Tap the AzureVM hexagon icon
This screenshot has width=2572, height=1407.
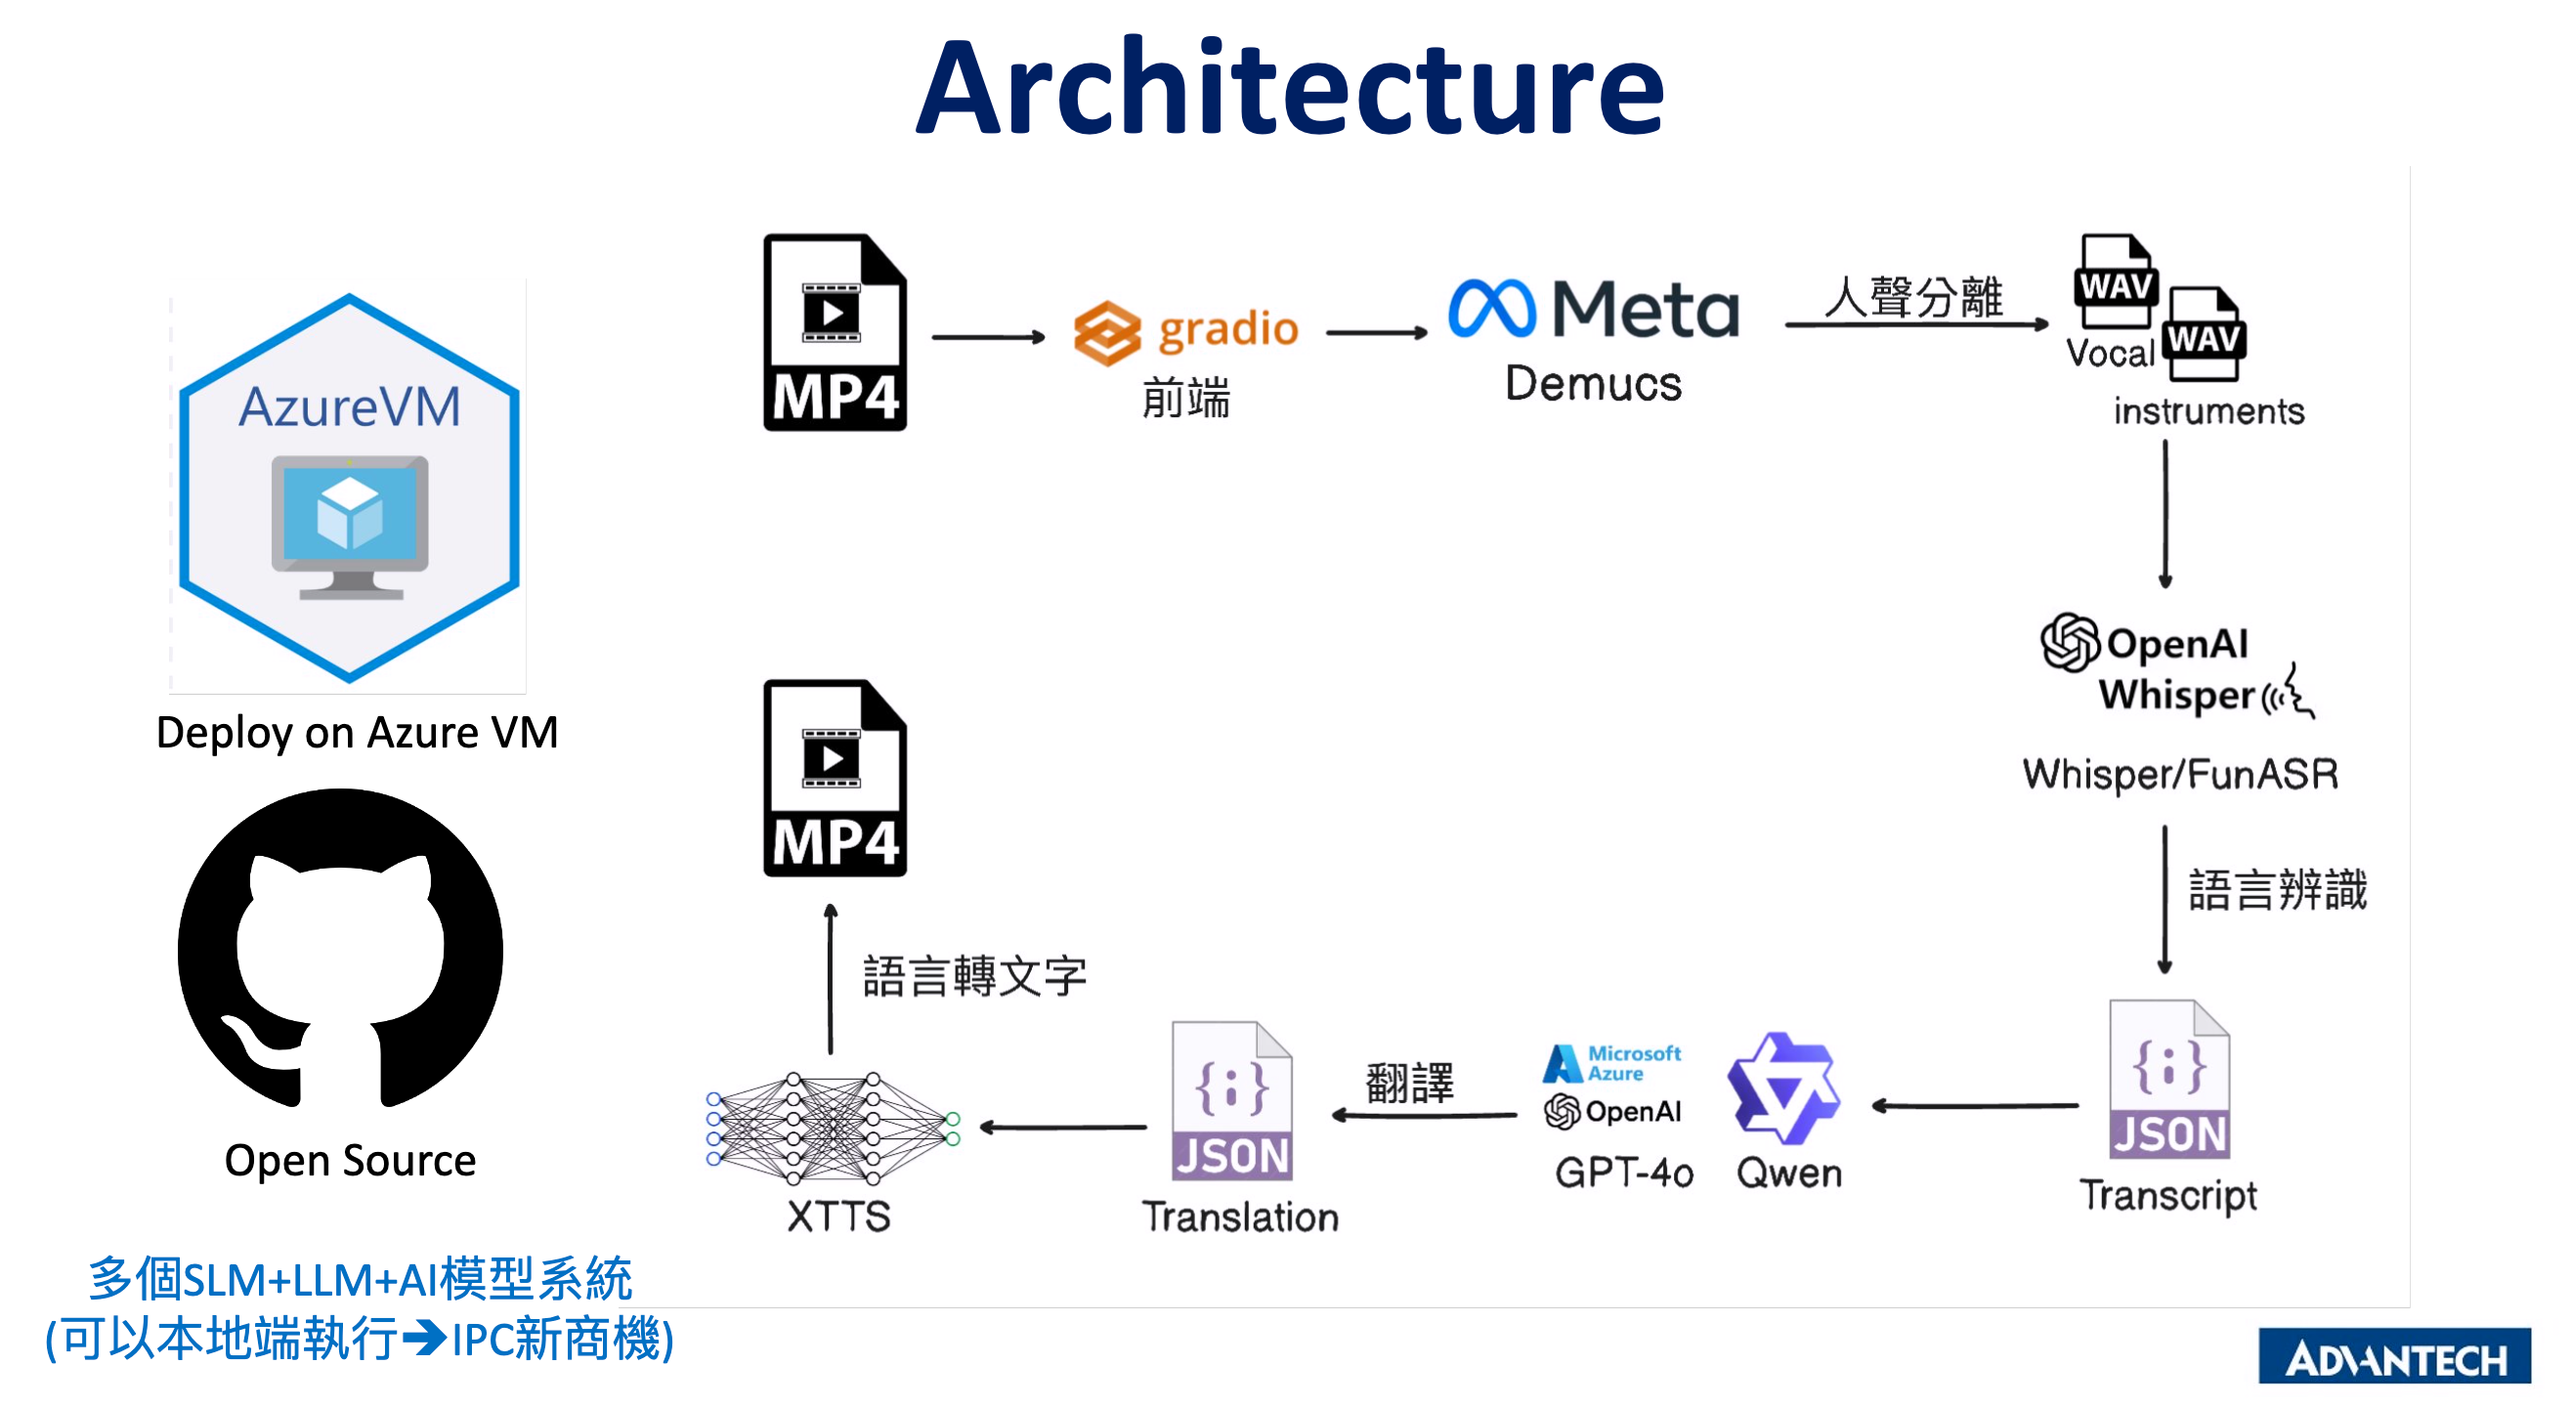point(349,488)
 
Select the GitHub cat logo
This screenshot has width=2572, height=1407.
point(340,949)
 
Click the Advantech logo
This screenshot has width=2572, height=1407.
point(2393,1355)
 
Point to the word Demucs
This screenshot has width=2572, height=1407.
point(1593,383)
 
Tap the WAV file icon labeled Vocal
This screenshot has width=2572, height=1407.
point(2116,283)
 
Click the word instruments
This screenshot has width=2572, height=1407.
point(2208,411)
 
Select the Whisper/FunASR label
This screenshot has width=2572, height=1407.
point(2179,774)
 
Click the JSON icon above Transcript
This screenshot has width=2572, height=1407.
point(2168,1080)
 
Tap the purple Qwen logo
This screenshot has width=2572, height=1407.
point(1783,1088)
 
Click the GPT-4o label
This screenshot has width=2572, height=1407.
point(1623,1172)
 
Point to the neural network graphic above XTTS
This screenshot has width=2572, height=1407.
point(832,1129)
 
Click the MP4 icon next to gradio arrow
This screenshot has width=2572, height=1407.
point(835,332)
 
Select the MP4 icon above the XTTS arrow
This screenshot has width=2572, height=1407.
point(835,778)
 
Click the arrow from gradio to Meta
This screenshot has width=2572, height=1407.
point(1376,332)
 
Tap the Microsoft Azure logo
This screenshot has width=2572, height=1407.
point(1611,1062)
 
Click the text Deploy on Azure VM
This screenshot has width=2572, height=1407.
point(357,733)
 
